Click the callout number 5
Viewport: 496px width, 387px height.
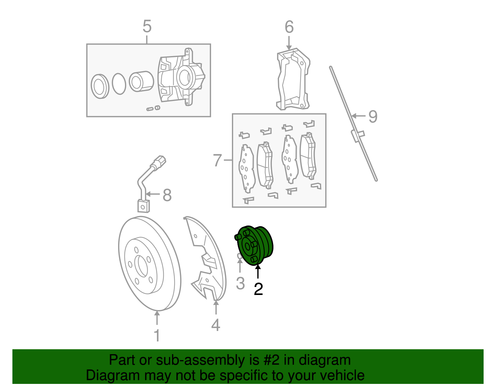pyautogui.click(x=147, y=26)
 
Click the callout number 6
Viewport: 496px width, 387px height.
pyautogui.click(x=289, y=27)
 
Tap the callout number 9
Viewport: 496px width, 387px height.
pyautogui.click(x=373, y=117)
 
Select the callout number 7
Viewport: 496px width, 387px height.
pyautogui.click(x=218, y=161)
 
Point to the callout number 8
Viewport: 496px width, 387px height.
pyautogui.click(x=167, y=195)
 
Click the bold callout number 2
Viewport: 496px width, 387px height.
pyautogui.click(x=258, y=289)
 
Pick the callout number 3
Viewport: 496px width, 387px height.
pyautogui.click(x=240, y=283)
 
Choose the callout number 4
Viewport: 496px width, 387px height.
pyautogui.click(x=216, y=325)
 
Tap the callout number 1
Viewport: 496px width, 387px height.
pyautogui.click(x=157, y=336)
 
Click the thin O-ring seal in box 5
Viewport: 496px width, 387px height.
pyautogui.click(x=119, y=84)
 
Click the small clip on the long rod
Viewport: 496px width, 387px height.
pyautogui.click(x=357, y=135)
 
